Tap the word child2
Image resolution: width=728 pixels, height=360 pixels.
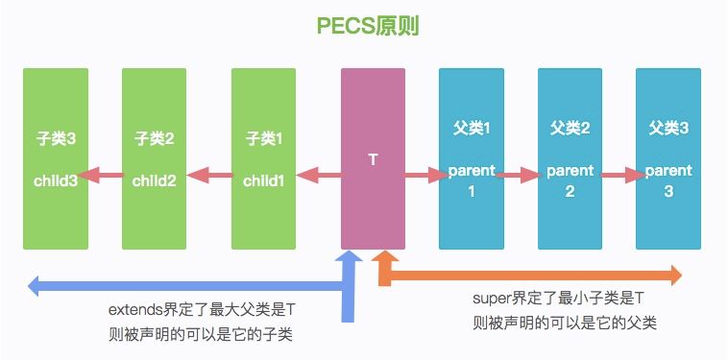(x=153, y=179)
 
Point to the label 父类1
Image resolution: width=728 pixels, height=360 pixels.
(x=472, y=128)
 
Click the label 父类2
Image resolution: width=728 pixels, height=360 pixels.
(x=570, y=128)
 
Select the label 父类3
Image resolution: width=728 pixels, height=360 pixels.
(x=668, y=128)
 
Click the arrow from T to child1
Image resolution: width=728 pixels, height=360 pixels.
(x=318, y=176)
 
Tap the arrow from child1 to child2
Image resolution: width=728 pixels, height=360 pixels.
(x=208, y=176)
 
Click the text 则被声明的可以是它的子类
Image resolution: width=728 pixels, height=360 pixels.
(x=202, y=334)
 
